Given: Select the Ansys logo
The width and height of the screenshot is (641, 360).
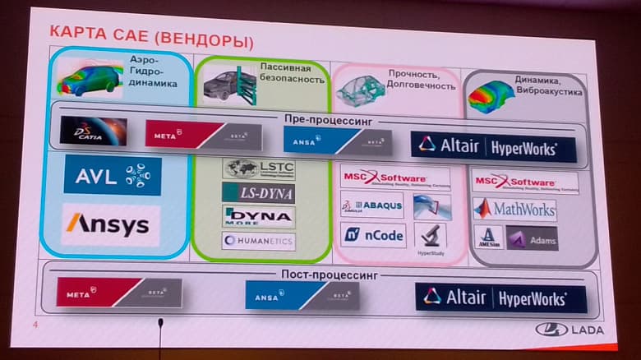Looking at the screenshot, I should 110,224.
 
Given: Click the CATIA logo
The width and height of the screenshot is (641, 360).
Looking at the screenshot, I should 93,132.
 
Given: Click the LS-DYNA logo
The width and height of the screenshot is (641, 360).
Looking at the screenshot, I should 258,193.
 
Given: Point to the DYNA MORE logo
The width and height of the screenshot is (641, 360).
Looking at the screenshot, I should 258,216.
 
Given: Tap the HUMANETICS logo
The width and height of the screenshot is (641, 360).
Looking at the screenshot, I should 258,241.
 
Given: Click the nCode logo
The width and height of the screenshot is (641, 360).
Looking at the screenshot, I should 373,236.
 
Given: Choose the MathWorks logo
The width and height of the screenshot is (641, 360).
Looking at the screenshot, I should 514,210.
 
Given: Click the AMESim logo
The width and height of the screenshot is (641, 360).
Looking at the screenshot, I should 488,238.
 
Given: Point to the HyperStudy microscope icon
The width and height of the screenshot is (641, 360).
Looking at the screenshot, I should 431,237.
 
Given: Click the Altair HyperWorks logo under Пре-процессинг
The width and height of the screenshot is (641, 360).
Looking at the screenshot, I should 494,146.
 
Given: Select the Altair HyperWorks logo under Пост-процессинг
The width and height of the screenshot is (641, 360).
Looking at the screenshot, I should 500,297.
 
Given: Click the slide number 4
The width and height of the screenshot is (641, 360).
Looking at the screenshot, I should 35,326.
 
